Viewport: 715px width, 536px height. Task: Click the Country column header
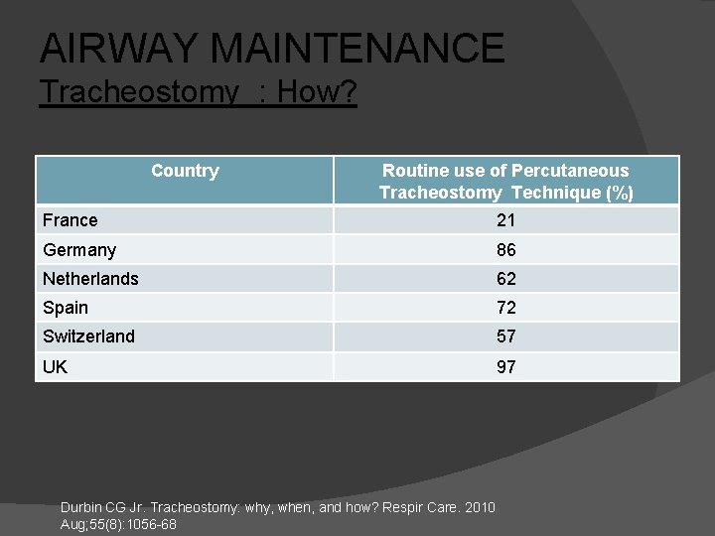(x=185, y=171)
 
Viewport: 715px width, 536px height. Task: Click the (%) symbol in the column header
(x=621, y=194)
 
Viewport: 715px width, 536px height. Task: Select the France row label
(x=71, y=220)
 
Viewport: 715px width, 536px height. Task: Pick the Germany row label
(x=79, y=250)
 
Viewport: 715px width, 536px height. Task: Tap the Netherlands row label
(x=90, y=279)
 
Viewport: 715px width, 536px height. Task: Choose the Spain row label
(x=66, y=308)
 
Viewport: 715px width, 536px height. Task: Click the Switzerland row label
(x=88, y=336)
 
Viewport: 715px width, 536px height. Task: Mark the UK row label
(x=56, y=366)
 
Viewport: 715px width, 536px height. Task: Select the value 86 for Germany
(x=505, y=250)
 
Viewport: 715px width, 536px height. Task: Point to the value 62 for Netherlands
(x=505, y=279)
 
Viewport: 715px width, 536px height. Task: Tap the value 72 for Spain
(x=505, y=309)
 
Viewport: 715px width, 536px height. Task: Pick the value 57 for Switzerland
(x=505, y=337)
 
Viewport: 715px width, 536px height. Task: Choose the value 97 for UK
(x=505, y=367)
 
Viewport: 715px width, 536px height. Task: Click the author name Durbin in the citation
(x=84, y=508)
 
